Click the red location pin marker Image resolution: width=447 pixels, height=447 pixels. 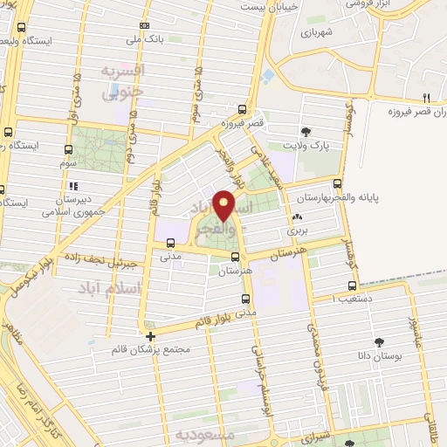(224, 204)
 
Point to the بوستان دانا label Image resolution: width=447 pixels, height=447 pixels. (380, 356)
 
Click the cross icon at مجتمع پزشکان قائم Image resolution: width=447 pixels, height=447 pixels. (151, 335)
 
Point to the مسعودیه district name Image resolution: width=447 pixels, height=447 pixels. (204, 434)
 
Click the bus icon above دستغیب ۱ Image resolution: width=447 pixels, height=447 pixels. (352, 285)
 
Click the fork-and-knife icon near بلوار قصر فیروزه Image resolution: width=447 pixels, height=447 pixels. (427, 97)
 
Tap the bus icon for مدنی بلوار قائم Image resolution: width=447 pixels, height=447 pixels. (245, 299)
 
